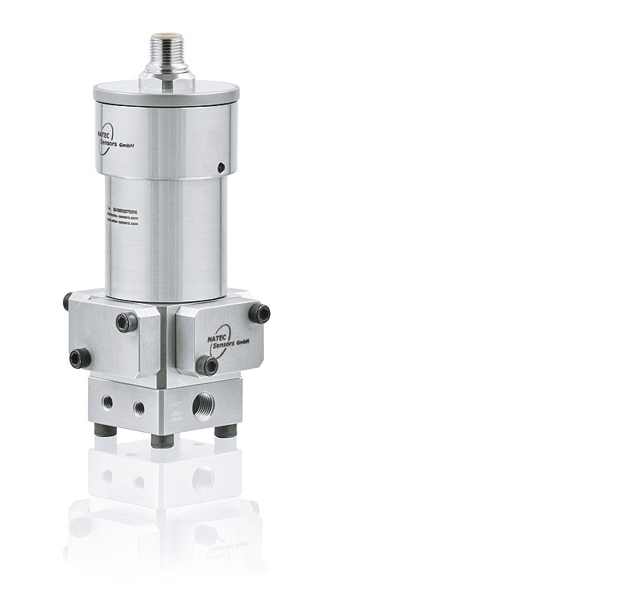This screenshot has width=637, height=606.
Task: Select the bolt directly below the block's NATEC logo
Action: [211, 367]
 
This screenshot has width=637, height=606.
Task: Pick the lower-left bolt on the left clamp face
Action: [76, 357]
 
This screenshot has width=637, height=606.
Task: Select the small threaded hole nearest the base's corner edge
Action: [139, 408]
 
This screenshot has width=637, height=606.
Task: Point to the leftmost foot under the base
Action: [103, 430]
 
